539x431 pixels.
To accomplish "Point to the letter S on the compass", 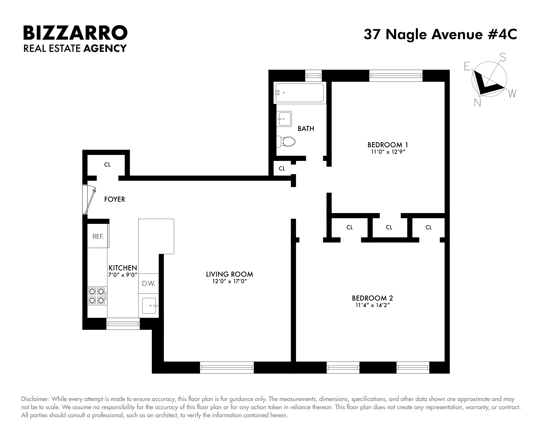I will click(x=503, y=57).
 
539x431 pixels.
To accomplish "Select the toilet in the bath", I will click(x=286, y=142).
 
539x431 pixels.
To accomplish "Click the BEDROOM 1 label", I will click(x=387, y=145).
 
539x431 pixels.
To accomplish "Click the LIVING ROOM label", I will click(x=229, y=274).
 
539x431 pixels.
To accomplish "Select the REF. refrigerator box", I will click(x=98, y=236).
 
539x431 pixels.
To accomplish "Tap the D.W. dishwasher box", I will click(x=149, y=283).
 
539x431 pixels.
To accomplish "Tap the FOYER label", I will click(x=115, y=199).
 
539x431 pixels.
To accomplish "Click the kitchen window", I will click(x=123, y=324).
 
